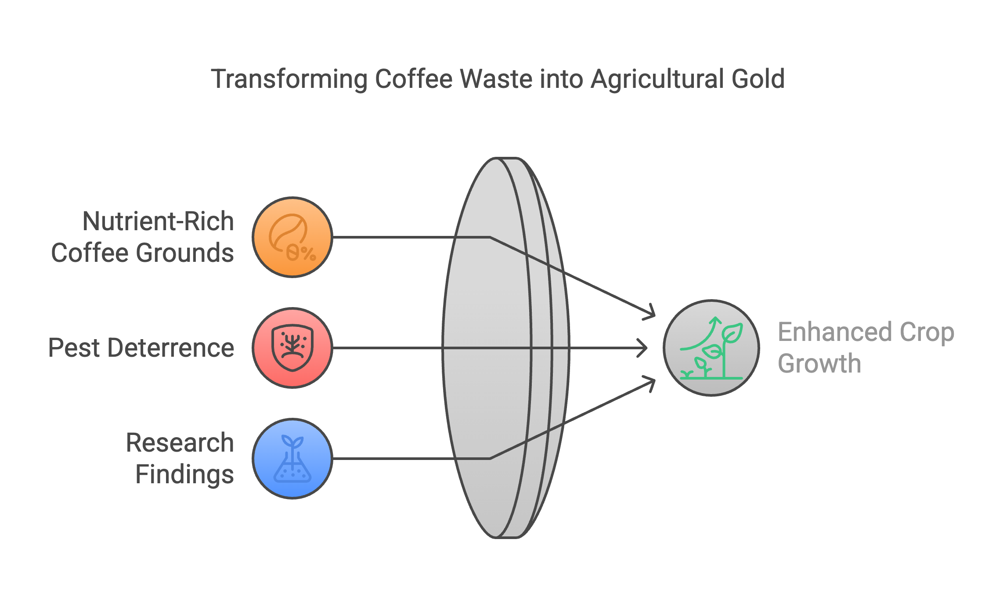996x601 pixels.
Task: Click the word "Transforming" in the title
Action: tap(289, 80)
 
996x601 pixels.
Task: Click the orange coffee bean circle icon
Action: tap(292, 237)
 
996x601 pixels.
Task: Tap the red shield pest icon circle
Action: tap(292, 348)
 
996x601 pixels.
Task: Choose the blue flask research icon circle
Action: tap(292, 459)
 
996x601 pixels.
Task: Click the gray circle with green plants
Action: tap(711, 348)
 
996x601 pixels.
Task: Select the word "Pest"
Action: tap(75, 348)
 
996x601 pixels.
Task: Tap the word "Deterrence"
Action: tap(171, 348)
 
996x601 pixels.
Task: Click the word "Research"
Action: tap(180, 442)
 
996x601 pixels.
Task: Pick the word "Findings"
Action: tap(185, 474)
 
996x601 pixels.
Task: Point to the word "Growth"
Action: tap(819, 364)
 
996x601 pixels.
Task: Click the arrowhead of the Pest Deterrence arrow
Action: tap(642, 348)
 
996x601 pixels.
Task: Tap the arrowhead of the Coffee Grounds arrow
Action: tap(649, 312)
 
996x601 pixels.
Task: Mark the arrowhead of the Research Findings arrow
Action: tap(649, 384)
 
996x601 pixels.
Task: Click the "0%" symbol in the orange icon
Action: tap(301, 253)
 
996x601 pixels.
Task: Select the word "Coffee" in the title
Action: tap(414, 79)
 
